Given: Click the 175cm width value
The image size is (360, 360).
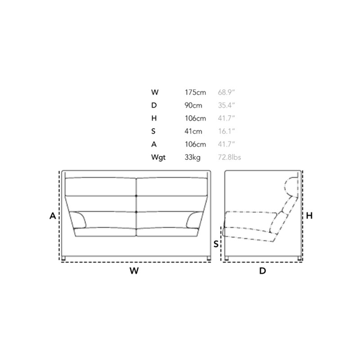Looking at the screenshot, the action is [195, 92].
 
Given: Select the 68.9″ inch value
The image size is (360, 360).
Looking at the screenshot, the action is [226, 92].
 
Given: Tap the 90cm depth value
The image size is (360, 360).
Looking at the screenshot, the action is [193, 105].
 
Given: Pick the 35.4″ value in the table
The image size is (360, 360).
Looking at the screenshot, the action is [226, 105].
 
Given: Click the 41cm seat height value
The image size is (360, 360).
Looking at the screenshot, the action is [193, 131].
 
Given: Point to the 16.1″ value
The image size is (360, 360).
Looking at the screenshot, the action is [226, 131].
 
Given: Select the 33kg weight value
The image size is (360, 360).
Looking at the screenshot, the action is [193, 157].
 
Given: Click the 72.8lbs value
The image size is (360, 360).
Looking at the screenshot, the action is [229, 157].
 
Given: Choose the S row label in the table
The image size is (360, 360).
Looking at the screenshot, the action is [153, 131].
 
